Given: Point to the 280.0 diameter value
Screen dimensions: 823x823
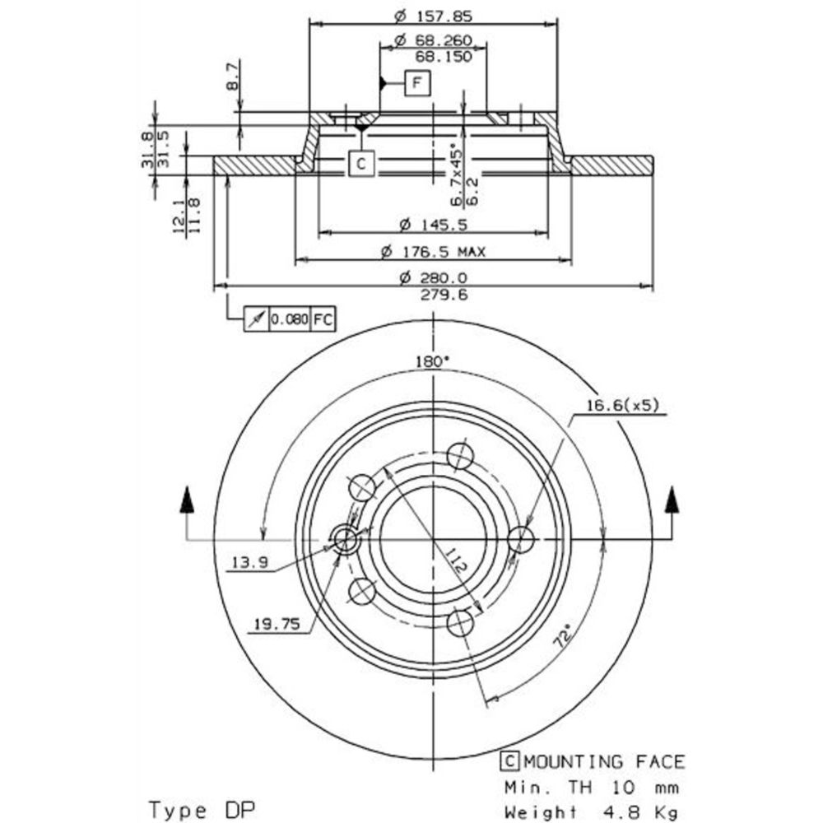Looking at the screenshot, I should click(x=434, y=278).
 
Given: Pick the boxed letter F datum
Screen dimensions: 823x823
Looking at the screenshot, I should click(x=417, y=82).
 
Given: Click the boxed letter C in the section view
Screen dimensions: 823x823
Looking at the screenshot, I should click(x=360, y=165).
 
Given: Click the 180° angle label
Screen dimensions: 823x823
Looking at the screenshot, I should click(x=434, y=361).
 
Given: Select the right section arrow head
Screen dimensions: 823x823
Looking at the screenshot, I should click(x=673, y=499).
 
